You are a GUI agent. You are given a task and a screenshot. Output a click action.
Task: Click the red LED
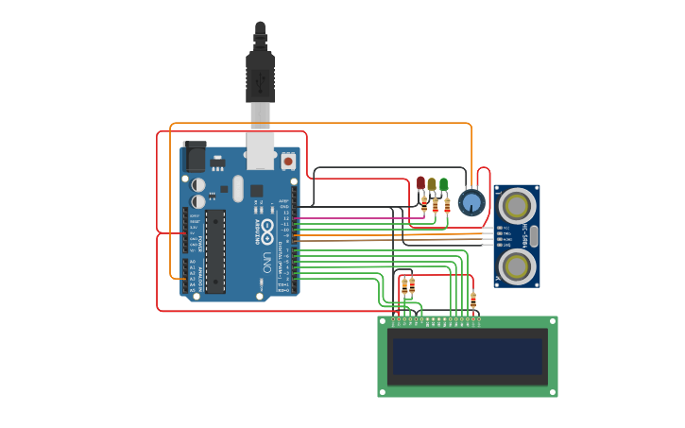(x=420, y=182)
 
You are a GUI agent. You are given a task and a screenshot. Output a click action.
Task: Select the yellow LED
(x=432, y=184)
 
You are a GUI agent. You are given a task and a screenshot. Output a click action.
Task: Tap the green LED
(x=443, y=183)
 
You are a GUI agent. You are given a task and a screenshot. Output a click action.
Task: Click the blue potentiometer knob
(x=471, y=202)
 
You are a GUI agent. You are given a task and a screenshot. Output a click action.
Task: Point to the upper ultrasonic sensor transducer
(x=517, y=205)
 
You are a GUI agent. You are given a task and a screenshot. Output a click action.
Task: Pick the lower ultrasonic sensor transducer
(x=517, y=265)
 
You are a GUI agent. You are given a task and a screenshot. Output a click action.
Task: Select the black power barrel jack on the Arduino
(x=195, y=156)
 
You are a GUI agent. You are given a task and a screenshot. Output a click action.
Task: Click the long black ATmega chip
(x=215, y=251)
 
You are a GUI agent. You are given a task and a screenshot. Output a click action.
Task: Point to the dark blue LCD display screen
(x=468, y=357)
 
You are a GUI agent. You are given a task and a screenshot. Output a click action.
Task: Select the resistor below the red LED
(x=424, y=204)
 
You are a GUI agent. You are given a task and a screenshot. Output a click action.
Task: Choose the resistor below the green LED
(x=446, y=205)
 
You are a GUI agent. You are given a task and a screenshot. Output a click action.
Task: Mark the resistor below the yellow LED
(x=435, y=206)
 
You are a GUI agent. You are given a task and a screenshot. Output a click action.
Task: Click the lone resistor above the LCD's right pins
(x=473, y=300)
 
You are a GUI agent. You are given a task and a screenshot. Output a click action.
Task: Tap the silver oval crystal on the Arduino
(x=238, y=188)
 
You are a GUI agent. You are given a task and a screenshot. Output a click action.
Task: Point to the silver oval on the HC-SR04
(x=534, y=235)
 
